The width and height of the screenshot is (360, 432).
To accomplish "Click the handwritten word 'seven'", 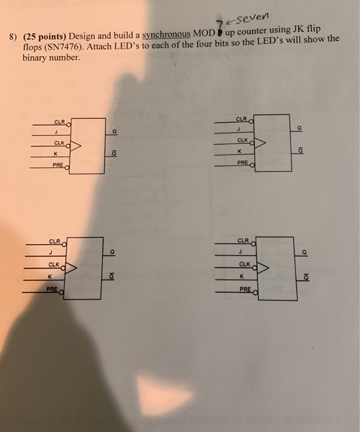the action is click(252, 18).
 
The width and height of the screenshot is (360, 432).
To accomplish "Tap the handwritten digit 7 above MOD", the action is click(219, 25).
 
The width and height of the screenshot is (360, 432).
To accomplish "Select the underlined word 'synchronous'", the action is click(166, 35).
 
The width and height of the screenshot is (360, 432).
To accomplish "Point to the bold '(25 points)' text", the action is click(45, 36).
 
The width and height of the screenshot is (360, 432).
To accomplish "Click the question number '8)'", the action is click(13, 36).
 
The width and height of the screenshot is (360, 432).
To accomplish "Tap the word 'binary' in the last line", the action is click(35, 58).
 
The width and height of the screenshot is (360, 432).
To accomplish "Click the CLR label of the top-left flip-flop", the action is click(59, 122).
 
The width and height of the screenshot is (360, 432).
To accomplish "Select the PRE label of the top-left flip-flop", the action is click(58, 165).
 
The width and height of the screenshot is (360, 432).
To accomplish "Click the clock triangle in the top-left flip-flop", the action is click(75, 146).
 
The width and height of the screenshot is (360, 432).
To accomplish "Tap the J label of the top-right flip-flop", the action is click(239, 129).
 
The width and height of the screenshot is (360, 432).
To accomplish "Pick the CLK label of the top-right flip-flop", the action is click(242, 140).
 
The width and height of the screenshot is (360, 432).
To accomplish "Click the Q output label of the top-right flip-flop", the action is click(300, 128).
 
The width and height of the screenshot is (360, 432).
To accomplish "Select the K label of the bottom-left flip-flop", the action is click(50, 276).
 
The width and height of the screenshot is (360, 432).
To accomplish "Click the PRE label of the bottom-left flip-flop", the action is click(52, 289).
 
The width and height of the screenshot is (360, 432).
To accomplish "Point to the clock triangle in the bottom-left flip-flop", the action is click(71, 268).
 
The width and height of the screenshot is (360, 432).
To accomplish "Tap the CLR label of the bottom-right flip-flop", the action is click(243, 241).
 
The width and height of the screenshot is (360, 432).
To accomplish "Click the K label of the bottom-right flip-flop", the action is click(242, 276).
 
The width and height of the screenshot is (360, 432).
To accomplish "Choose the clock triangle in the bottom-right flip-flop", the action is click(263, 268).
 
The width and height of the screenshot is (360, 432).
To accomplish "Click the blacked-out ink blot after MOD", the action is click(219, 33).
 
